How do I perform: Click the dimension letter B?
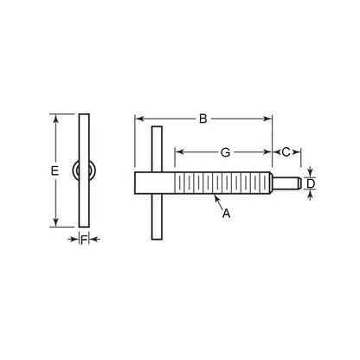pos(203,119)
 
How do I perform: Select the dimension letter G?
pos(224,151)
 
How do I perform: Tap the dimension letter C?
pos(286,151)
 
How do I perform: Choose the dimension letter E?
pos(54,171)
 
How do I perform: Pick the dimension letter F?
pos(83,241)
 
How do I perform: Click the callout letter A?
pos(226,212)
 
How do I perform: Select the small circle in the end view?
pos(83,170)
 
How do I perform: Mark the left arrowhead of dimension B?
pos(138,119)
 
